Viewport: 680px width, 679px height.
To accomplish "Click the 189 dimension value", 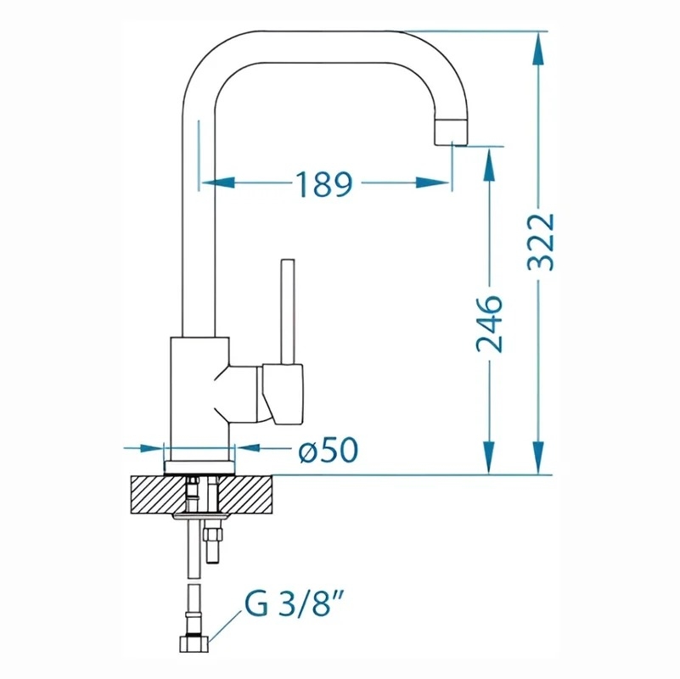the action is point(323,184).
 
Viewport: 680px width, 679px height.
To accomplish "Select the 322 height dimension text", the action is point(541,242).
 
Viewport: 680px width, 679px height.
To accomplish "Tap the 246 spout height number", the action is point(489,323).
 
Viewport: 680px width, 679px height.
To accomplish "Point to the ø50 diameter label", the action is point(329,450).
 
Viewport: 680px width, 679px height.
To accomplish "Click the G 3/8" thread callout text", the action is point(292,604).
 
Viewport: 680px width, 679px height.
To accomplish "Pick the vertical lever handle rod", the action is point(288,311).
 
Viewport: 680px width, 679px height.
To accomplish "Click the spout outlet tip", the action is point(451,132).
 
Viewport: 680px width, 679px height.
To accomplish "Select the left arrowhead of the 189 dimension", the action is point(218,183).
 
